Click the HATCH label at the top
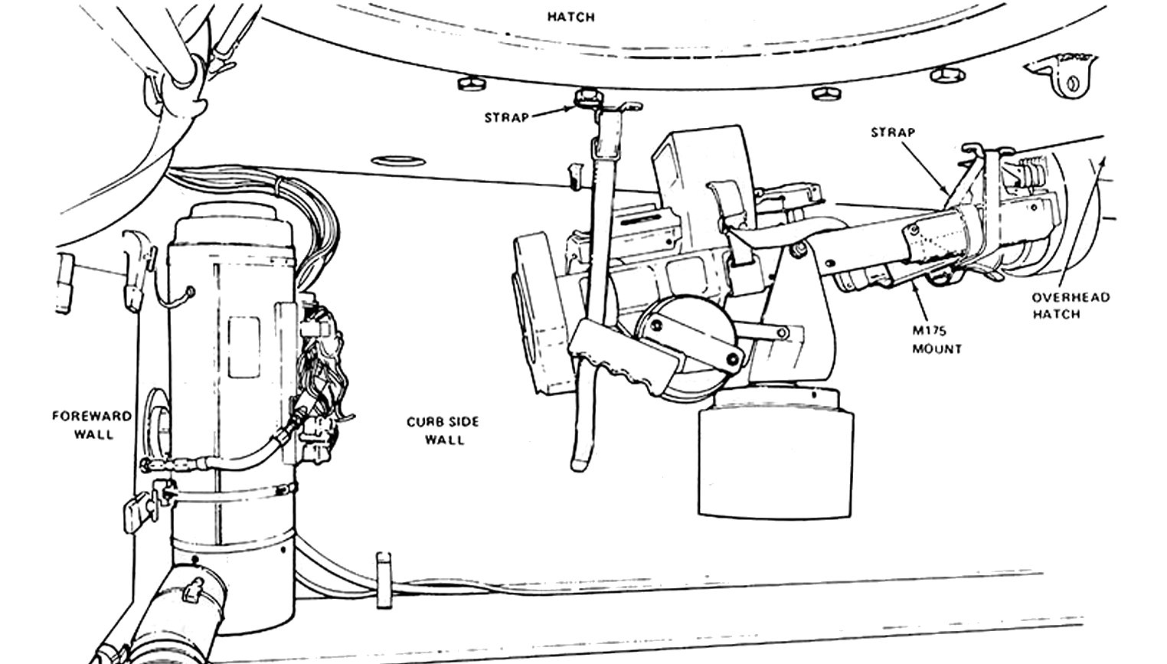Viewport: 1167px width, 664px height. click(571, 17)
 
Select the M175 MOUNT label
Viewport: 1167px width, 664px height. click(937, 339)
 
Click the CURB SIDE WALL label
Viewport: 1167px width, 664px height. click(443, 430)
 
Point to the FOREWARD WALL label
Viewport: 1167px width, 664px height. click(92, 425)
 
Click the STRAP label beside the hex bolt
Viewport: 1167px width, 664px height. click(506, 118)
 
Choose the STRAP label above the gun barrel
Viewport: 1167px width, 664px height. click(892, 132)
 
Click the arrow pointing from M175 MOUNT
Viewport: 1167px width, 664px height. click(918, 300)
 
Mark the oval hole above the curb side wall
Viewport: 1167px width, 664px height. click(398, 160)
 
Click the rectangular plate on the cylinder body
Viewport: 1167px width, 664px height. click(244, 347)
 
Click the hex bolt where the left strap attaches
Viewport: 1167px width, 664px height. click(587, 98)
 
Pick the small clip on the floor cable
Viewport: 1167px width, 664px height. click(384, 581)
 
